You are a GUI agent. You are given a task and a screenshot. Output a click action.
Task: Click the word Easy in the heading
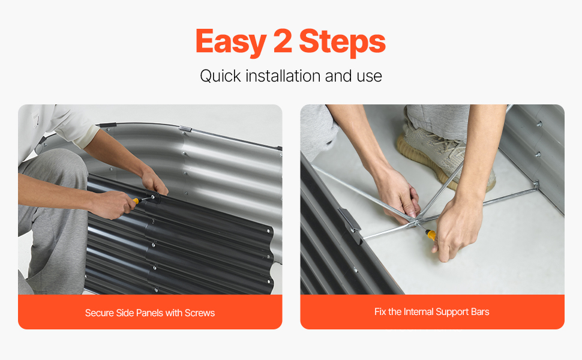point(230,42)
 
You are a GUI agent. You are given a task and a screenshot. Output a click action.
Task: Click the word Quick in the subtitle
point(221,76)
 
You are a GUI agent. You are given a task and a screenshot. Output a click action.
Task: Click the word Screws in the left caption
point(200,313)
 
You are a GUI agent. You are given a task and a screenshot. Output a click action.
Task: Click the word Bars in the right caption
point(480,311)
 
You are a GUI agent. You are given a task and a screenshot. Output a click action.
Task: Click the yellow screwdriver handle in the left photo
point(136,201)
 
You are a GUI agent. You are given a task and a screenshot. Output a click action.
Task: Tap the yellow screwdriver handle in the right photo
point(431,235)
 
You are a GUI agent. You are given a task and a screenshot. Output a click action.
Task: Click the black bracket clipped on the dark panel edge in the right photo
point(350,224)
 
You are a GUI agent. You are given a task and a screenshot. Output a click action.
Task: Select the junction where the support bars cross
point(416,221)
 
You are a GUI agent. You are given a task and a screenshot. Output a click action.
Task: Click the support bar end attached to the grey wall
point(536,185)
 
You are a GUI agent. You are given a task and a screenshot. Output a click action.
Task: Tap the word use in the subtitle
point(370,76)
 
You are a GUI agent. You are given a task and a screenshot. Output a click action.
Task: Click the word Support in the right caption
point(452,312)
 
